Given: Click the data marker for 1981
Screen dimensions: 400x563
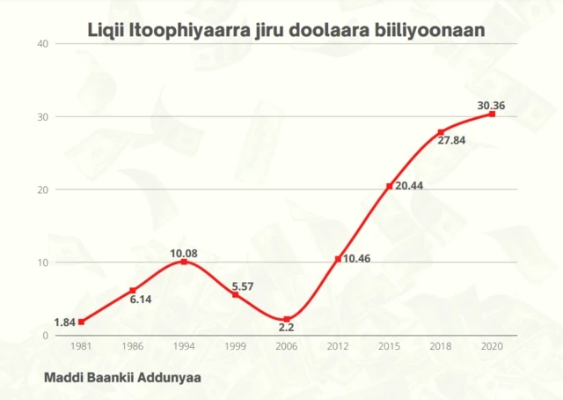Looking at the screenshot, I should (x=81, y=322).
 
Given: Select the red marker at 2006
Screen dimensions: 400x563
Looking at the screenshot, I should (x=287, y=319).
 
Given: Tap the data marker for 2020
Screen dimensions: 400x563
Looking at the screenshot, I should (x=492, y=114).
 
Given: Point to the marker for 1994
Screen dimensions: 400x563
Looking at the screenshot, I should (x=184, y=262).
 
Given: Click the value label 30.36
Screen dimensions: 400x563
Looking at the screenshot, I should (x=491, y=106).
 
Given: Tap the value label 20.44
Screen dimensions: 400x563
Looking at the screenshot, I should (x=408, y=186).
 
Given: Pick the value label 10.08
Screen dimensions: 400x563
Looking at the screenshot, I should (x=184, y=254).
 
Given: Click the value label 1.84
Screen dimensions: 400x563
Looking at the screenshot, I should (x=64, y=322).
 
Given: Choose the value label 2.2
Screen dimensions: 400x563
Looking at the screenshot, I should (x=286, y=328).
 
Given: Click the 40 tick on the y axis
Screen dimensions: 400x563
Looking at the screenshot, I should (x=42, y=43).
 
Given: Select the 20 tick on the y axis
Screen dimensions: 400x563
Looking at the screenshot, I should (x=42, y=189).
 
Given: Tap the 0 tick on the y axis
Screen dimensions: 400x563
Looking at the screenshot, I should (x=45, y=336).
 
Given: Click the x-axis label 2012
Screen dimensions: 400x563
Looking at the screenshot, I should (x=338, y=347).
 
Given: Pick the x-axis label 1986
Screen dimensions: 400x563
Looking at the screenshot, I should (x=132, y=347).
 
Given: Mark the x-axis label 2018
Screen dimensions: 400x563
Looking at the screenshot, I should (x=441, y=347).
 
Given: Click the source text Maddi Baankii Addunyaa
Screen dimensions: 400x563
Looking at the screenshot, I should (x=121, y=375).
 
